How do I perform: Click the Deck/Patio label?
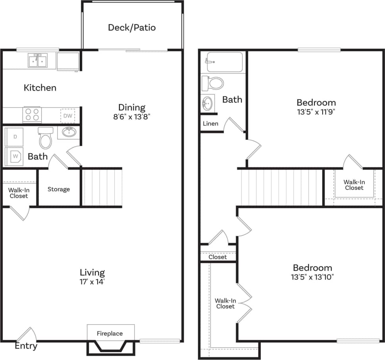[132, 28]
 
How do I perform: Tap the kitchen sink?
[37, 61]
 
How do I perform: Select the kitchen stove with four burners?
[32, 115]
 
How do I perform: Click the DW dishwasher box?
[67, 116]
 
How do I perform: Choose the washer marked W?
[15, 156]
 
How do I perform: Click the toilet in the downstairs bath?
[46, 139]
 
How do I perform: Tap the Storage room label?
[59, 189]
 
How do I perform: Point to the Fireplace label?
[110, 333]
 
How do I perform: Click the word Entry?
[26, 346]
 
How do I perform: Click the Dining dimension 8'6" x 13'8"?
[132, 117]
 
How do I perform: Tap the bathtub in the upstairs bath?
[224, 62]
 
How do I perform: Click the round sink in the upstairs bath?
[208, 104]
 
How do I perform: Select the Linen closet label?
[210, 123]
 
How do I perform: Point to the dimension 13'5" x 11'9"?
[316, 112]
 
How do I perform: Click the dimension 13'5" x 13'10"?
[312, 277]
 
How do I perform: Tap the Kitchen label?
[40, 88]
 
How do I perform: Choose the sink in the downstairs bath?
[70, 132]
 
